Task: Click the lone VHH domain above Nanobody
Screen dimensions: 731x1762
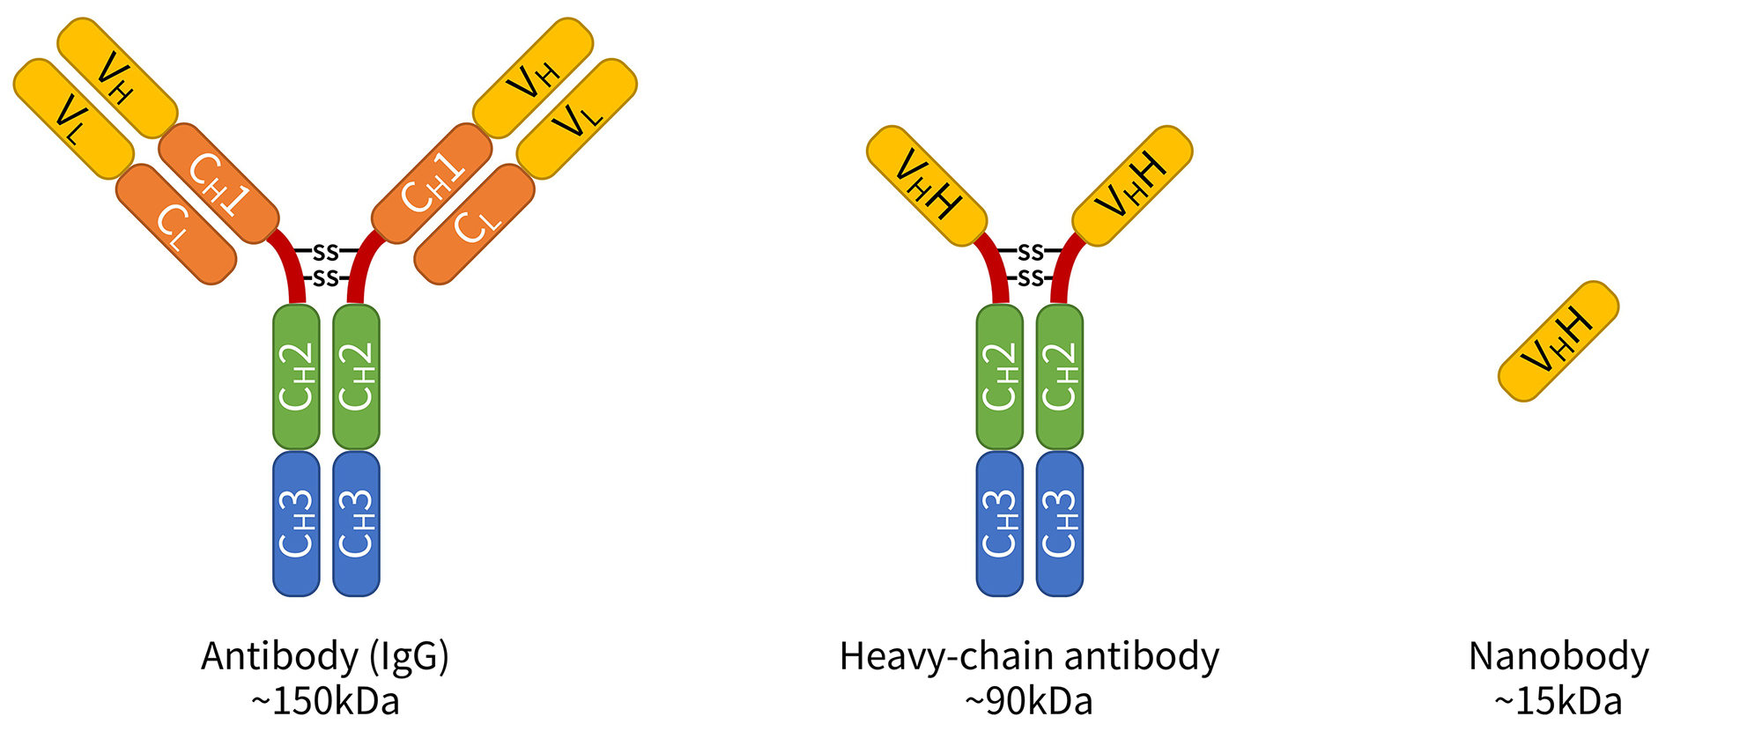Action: tap(1558, 342)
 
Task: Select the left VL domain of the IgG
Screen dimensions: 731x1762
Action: tap(73, 120)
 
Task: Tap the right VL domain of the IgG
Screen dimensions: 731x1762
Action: tap(577, 119)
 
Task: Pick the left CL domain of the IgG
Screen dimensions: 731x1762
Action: tap(176, 225)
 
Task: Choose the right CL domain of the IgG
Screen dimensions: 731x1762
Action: tap(475, 225)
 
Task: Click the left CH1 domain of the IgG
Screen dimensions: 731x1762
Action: tap(218, 184)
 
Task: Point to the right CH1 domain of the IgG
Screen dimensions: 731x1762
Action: tap(432, 184)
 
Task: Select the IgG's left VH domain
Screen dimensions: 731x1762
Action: tap(117, 78)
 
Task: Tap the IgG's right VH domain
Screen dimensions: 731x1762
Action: tap(533, 78)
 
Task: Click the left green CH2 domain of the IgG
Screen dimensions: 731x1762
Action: tap(296, 377)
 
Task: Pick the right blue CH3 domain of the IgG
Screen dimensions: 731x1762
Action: tap(356, 523)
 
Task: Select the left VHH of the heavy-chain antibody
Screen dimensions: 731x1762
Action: tap(927, 186)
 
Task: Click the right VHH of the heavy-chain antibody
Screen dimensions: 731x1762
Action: tap(1132, 186)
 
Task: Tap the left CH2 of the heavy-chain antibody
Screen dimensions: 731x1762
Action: tap(1000, 377)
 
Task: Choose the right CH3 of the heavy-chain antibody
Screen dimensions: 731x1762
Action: tap(1060, 523)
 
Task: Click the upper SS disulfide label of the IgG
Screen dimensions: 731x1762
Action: tap(326, 252)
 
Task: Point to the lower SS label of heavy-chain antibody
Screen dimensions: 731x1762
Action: tap(1030, 279)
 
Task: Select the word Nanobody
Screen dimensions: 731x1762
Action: tap(1558, 657)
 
